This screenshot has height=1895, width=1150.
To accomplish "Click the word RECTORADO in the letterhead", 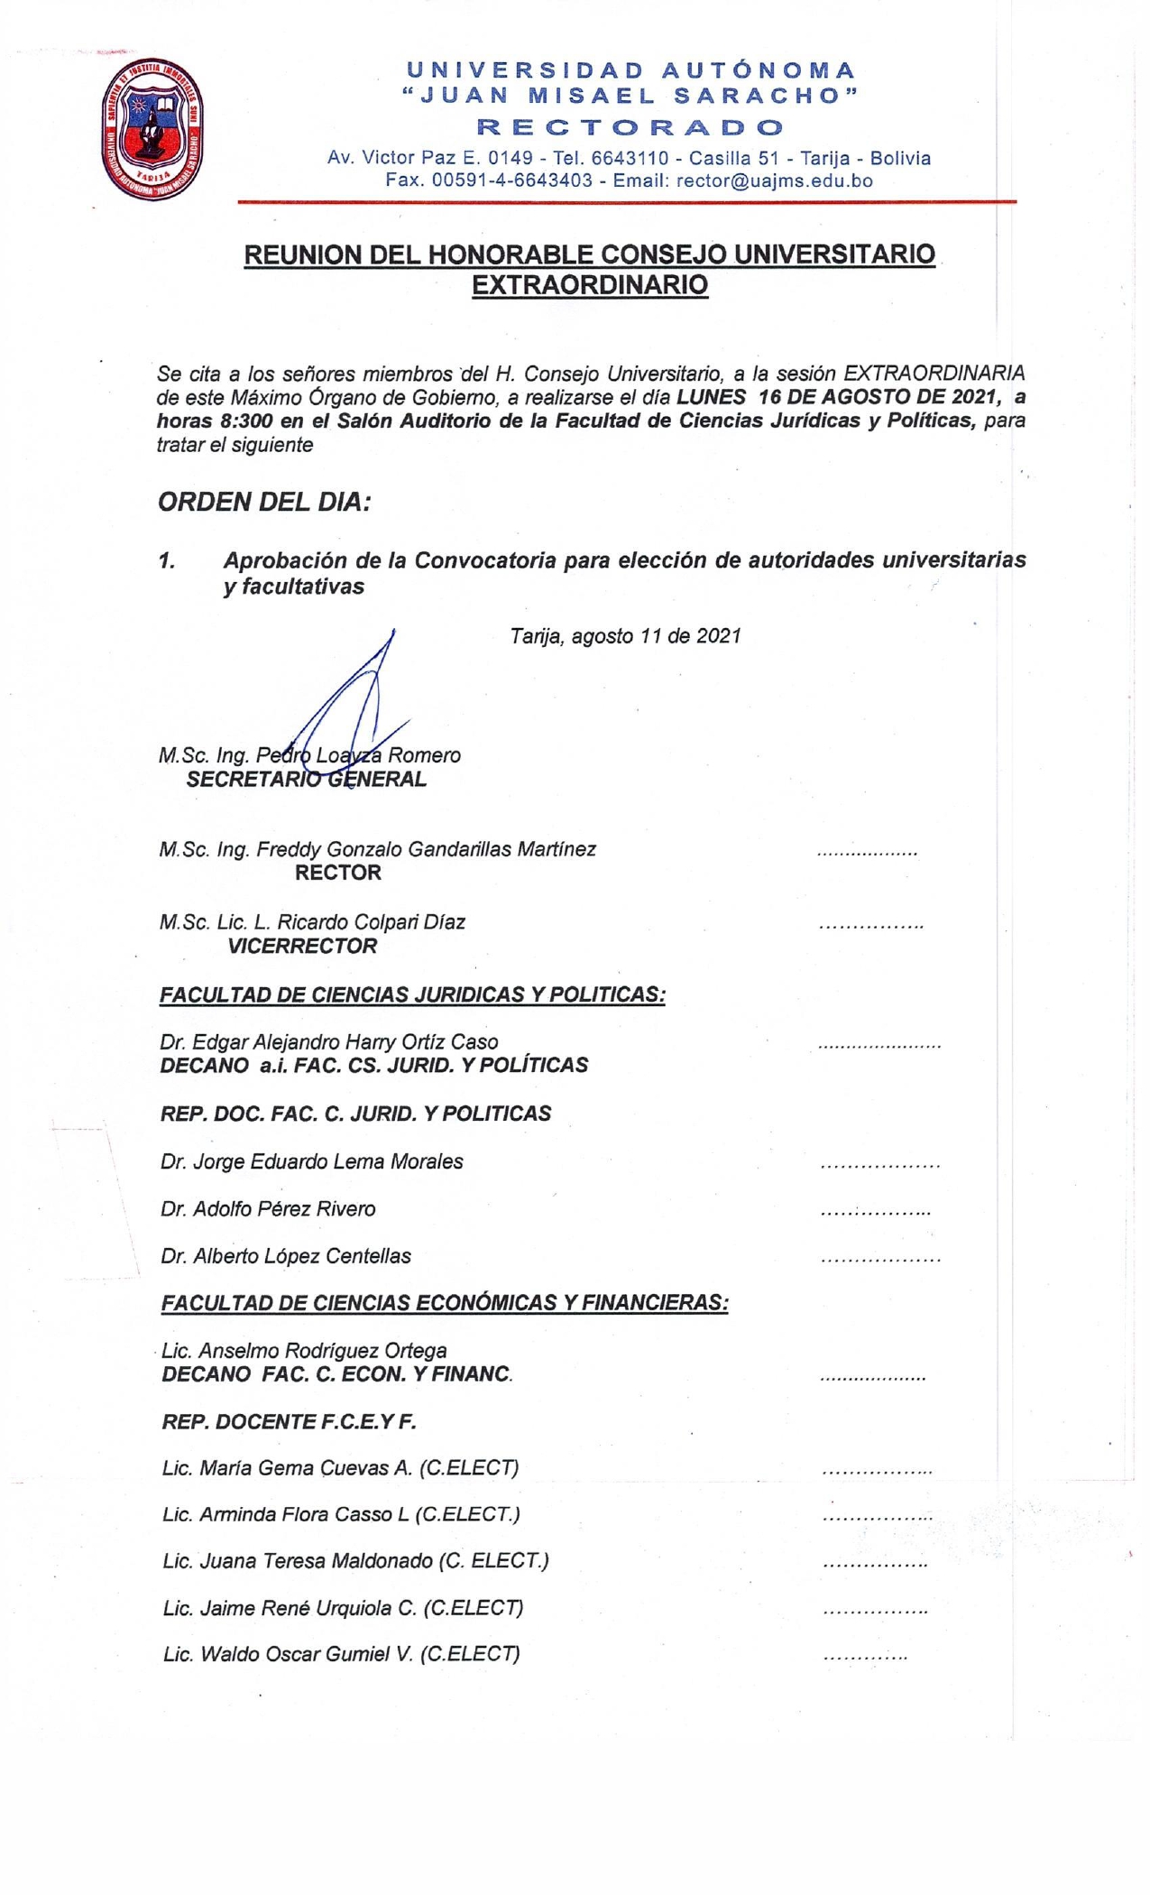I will [630, 126].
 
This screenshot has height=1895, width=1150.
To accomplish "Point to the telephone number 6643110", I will [630, 158].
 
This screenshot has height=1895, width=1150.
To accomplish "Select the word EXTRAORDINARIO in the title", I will [590, 285].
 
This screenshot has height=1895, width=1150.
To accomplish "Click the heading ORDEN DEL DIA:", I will [264, 502].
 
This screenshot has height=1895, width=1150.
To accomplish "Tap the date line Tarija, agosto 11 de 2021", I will [625, 636].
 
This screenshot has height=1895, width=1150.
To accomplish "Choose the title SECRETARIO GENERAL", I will [306, 780].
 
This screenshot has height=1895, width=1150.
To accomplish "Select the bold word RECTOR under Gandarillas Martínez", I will [338, 873].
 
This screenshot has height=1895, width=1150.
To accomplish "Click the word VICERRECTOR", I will [302, 947].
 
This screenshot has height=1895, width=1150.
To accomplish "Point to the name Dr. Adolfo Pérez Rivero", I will [268, 1209].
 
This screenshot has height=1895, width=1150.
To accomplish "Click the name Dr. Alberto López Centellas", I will [286, 1256].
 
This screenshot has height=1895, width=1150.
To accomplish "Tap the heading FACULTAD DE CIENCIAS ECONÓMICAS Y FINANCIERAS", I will [444, 1303].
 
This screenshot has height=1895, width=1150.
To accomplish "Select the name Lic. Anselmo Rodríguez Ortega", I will [304, 1351].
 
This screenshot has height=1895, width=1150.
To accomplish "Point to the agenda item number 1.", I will [167, 561].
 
